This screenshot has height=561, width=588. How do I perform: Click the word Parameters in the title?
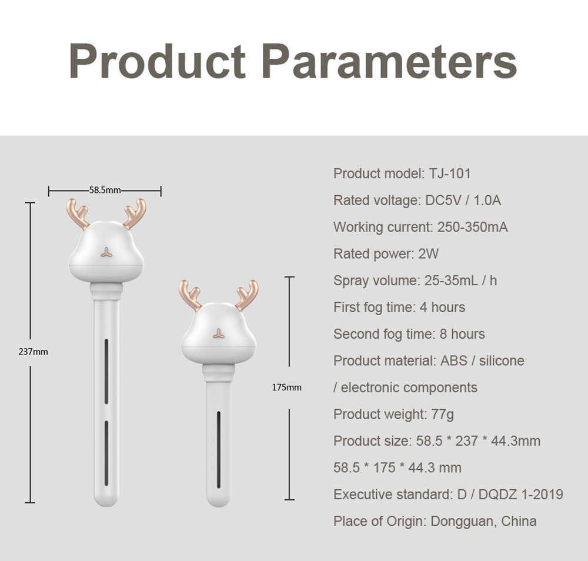pos(389,61)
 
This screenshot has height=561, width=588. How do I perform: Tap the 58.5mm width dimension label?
pos(105,190)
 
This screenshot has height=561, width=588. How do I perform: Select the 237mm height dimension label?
pos(33,352)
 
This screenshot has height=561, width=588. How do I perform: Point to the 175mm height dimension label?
pos(286,388)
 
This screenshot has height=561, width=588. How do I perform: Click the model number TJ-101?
pos(449,173)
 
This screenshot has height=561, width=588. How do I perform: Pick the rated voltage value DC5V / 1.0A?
pos(463,201)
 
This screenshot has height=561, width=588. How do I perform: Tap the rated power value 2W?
pos(429,254)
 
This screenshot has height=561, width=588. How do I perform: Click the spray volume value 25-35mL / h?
pos(460,280)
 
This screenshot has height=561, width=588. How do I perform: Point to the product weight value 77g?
pos(442,414)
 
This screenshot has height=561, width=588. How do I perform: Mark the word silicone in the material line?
pos(502,360)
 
